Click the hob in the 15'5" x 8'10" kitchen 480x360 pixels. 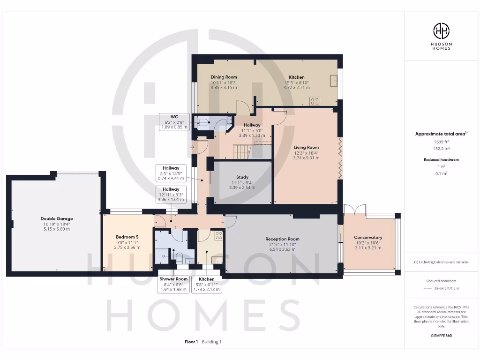[315, 101]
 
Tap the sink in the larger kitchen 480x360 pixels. [333, 81]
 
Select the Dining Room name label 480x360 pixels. [224, 77]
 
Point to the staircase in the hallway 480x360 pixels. [243, 150]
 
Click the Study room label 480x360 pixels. [242, 177]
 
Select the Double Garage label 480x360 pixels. [56, 218]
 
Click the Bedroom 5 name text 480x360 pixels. [127, 237]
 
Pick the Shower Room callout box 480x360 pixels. [173, 284]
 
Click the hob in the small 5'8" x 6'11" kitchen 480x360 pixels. [218, 236]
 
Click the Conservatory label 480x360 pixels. [368, 237]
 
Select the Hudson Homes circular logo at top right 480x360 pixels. [441, 31]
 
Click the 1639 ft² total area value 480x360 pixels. [441, 141]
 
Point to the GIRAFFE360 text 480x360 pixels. [441, 336]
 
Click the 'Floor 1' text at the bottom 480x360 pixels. [192, 342]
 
